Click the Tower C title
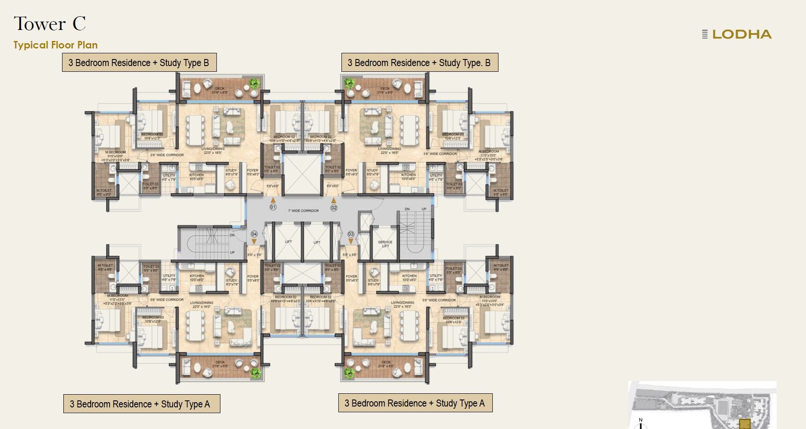[x=50, y=24]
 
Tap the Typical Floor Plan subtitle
[x=55, y=45]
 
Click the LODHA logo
[x=737, y=34]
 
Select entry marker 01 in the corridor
[x=273, y=207]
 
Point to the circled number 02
[x=334, y=207]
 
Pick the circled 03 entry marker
[x=351, y=234]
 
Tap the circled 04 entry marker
[x=254, y=234]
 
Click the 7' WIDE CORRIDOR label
[x=304, y=211]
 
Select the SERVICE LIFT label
[x=385, y=244]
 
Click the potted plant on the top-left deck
[x=254, y=83]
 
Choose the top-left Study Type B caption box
[x=139, y=63]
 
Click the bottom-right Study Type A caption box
[x=415, y=403]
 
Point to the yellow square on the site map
[x=744, y=424]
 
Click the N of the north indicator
[x=641, y=420]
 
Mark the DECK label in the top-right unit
[x=385, y=89]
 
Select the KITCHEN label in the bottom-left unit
[x=197, y=276]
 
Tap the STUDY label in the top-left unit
[x=231, y=170]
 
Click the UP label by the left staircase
[x=232, y=252]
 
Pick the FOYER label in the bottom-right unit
[x=351, y=277]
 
